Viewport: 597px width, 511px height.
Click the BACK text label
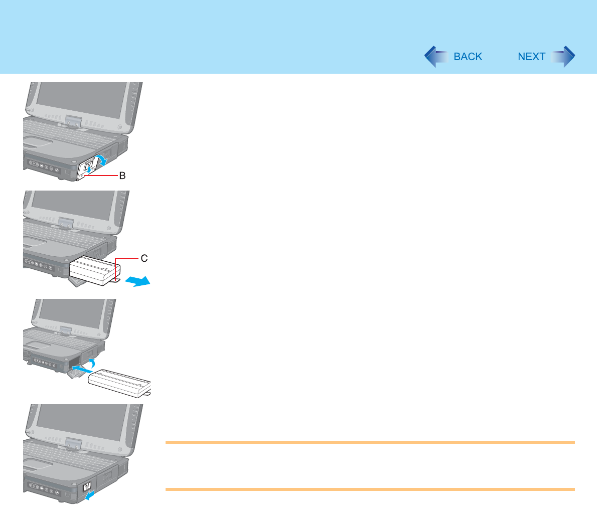[x=468, y=57]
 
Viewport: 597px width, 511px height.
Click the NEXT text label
[x=531, y=57]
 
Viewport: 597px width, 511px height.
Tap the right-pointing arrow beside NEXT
[x=563, y=57]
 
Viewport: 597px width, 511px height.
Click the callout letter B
[x=121, y=177]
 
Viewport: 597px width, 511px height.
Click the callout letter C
[x=144, y=258]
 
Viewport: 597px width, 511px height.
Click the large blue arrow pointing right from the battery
[x=136, y=282]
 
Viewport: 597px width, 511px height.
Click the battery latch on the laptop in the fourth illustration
[x=85, y=486]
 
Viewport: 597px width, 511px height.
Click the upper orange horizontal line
[x=370, y=442]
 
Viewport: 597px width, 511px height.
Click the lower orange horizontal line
[x=370, y=489]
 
